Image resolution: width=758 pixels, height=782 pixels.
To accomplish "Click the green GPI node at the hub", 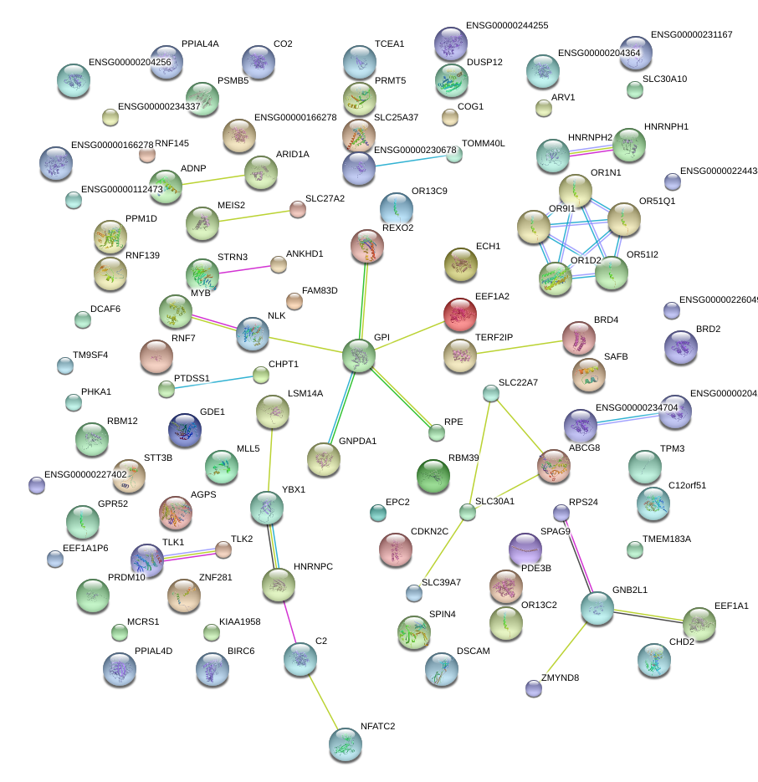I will coord(359,355).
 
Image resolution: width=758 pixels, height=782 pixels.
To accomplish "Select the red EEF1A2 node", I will coord(459,314).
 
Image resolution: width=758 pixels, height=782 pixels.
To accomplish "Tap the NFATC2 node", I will coord(344,744).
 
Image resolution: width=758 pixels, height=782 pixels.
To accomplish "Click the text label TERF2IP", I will coord(494,337).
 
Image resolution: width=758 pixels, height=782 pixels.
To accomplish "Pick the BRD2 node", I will coord(680,347).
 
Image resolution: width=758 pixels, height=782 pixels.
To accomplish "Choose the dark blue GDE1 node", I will coord(185,430).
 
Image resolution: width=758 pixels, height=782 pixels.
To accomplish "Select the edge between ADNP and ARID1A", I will coord(213,179).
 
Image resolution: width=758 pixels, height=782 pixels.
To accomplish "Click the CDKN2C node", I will coord(395,549).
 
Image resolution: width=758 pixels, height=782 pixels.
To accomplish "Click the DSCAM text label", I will coord(474,650).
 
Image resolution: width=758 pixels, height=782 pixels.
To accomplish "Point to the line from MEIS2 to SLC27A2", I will coord(249,216).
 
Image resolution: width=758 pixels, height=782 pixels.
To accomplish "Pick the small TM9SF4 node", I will coord(65,365).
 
